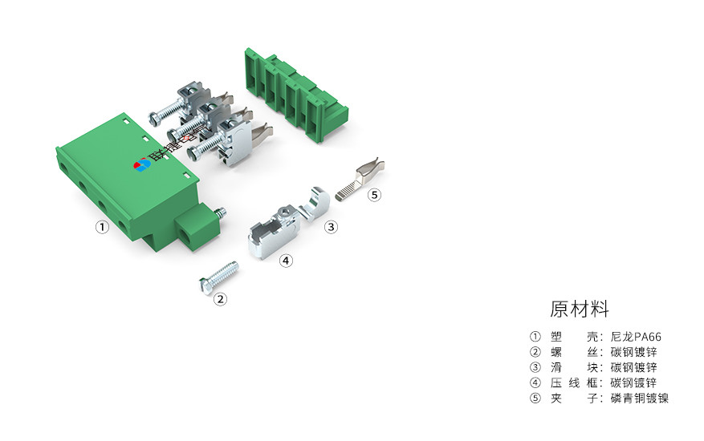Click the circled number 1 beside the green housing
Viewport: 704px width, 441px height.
click(x=102, y=227)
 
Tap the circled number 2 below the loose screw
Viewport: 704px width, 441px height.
click(x=220, y=299)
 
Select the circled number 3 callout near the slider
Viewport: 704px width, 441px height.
click(x=331, y=227)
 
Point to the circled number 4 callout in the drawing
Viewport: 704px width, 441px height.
click(x=286, y=260)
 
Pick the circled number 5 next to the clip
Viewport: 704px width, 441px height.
click(x=375, y=194)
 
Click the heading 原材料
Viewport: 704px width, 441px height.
click(x=580, y=309)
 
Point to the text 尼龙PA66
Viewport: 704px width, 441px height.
click(x=635, y=337)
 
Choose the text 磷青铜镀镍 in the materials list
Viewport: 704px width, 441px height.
click(x=639, y=398)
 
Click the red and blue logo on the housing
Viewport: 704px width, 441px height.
click(x=142, y=165)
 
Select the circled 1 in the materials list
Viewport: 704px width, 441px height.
click(x=535, y=337)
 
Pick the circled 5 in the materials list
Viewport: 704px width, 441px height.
click(x=535, y=398)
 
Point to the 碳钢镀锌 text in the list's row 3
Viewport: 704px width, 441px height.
click(x=633, y=367)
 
